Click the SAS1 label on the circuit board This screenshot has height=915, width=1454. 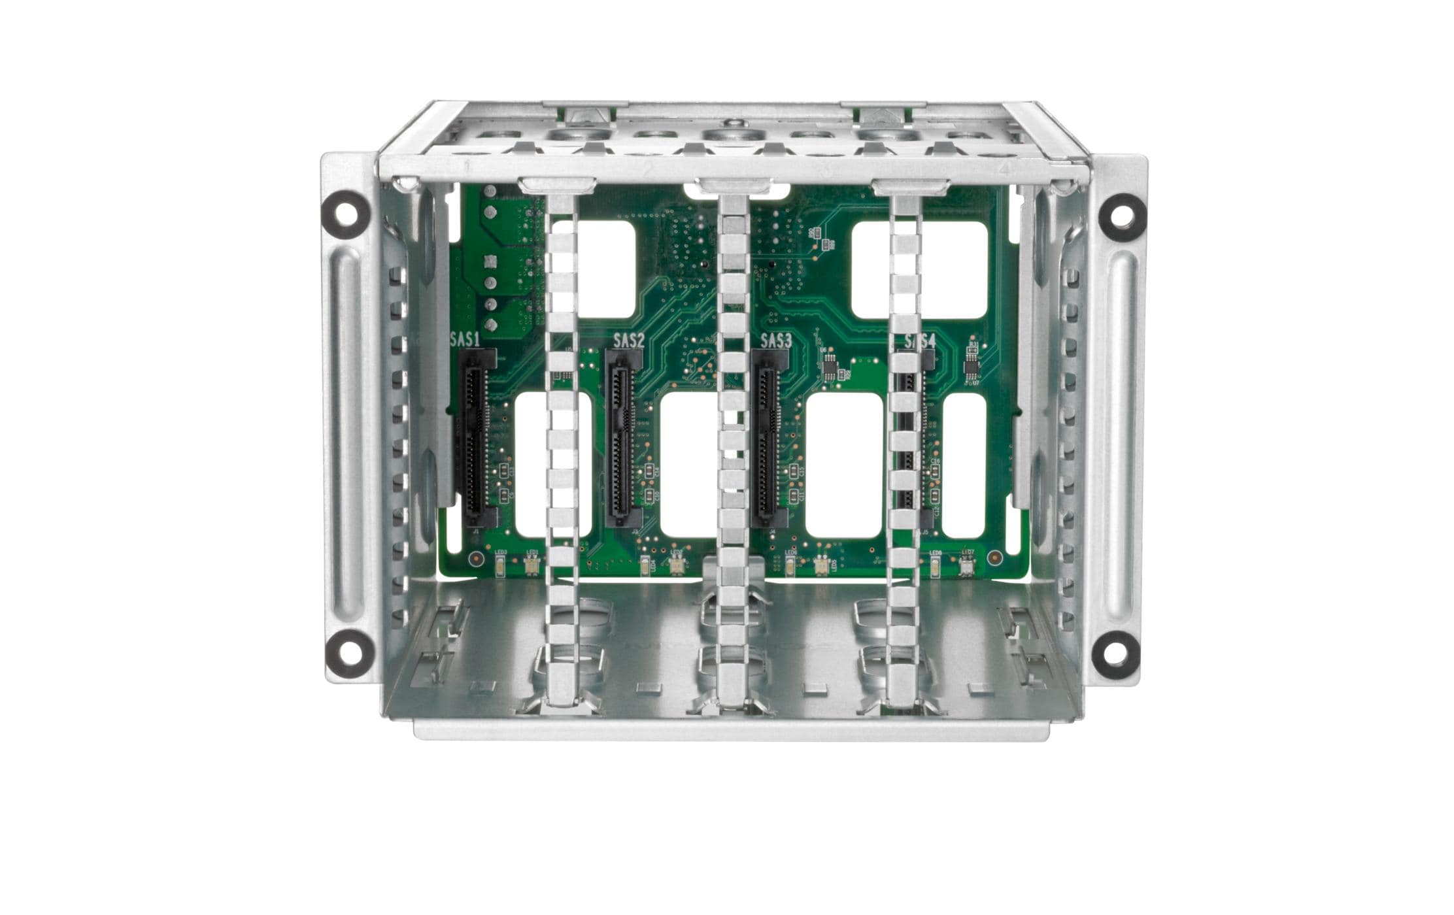click(465, 339)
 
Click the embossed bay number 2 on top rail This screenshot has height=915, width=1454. click(647, 168)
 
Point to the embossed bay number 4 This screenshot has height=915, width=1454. click(1005, 168)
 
